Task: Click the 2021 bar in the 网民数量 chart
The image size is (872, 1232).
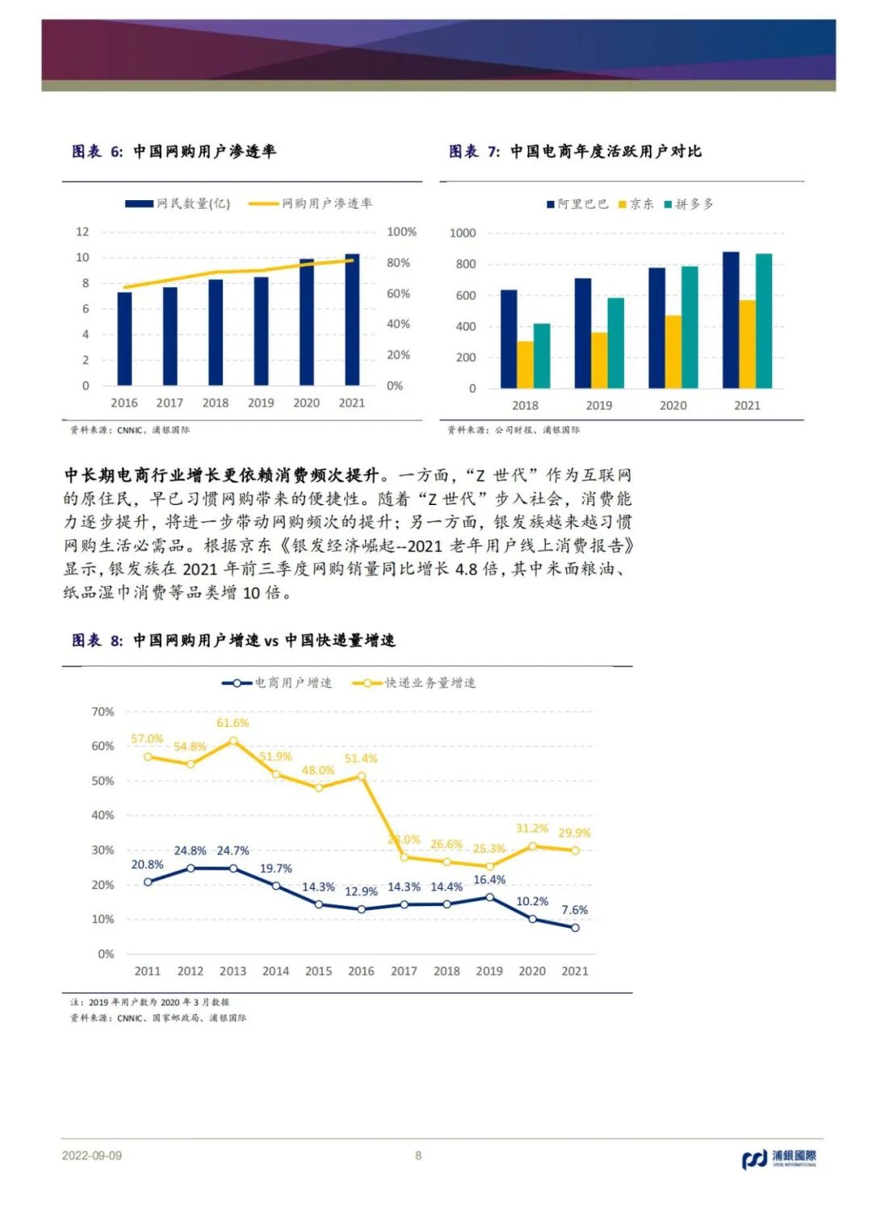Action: pyautogui.click(x=352, y=320)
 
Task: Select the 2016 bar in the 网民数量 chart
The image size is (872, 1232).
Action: pyautogui.click(x=124, y=339)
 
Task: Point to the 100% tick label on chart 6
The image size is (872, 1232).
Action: pyautogui.click(x=401, y=232)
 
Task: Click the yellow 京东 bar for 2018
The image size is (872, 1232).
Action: pyautogui.click(x=525, y=365)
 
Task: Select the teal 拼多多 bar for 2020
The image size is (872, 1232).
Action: pyautogui.click(x=690, y=328)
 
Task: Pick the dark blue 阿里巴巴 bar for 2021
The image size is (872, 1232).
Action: pyautogui.click(x=731, y=320)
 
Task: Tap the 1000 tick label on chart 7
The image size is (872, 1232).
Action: pyautogui.click(x=463, y=233)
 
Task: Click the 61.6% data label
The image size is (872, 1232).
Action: pyautogui.click(x=233, y=723)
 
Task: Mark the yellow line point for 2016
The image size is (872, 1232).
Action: pyautogui.click(x=361, y=776)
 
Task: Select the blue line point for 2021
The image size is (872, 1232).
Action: pyautogui.click(x=575, y=928)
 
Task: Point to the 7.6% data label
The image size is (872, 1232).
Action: pyautogui.click(x=575, y=910)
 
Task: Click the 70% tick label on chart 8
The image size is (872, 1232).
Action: pyautogui.click(x=103, y=712)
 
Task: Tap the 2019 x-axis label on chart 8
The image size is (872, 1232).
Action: pyautogui.click(x=489, y=971)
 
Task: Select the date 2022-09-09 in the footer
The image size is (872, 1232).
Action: pyautogui.click(x=92, y=1155)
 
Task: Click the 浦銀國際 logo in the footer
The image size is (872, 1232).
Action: pyautogui.click(x=779, y=1159)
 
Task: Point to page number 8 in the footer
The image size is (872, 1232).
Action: pyautogui.click(x=418, y=1155)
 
